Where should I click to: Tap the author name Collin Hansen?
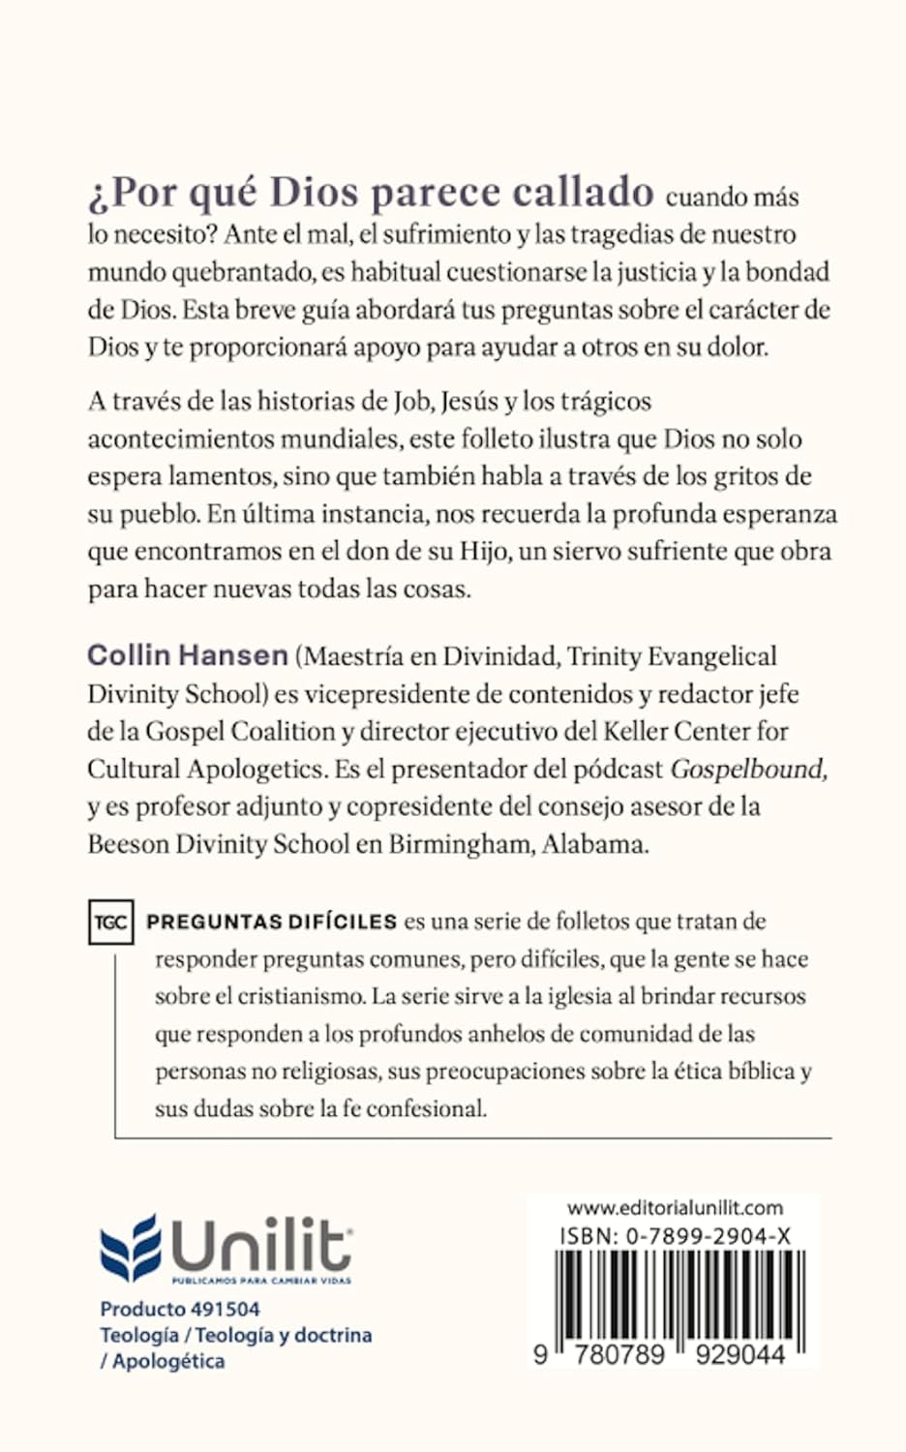coord(188,656)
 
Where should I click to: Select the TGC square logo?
coord(110,922)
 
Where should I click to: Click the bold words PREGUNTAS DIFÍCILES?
coord(272,922)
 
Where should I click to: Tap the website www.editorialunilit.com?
coord(675,1208)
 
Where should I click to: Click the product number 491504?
coord(226,1309)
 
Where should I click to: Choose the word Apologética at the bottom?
coord(168,1361)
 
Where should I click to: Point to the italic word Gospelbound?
coord(748,770)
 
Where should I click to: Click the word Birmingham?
coord(460,844)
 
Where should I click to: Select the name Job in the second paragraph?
coord(410,402)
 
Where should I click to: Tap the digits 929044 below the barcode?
coord(740,1354)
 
